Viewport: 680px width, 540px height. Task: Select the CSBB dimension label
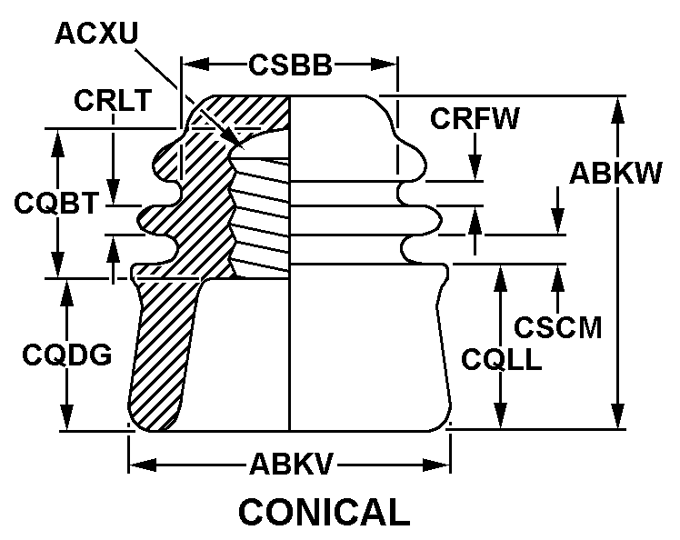tap(290, 65)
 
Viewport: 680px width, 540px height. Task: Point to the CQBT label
tap(55, 203)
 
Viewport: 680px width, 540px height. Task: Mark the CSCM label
tap(558, 325)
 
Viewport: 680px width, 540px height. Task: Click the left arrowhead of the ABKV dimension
tap(136, 466)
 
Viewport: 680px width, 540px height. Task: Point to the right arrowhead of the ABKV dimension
tap(443, 466)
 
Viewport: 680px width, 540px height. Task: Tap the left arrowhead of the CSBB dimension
tap(190, 65)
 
